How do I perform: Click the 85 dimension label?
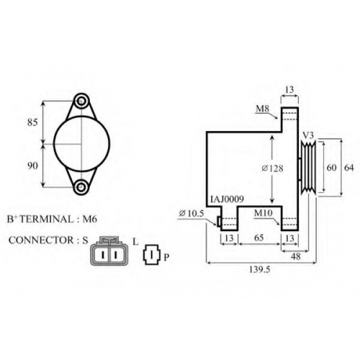(32, 122)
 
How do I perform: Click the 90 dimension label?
(32, 166)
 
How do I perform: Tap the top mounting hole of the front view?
(81, 102)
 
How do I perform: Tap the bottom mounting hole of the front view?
(81, 186)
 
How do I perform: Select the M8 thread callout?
(263, 109)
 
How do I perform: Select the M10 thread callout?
(264, 213)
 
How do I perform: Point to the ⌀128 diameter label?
(272, 168)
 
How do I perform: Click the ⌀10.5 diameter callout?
(192, 213)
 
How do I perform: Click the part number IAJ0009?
(227, 199)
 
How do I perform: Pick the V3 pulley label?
(308, 135)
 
